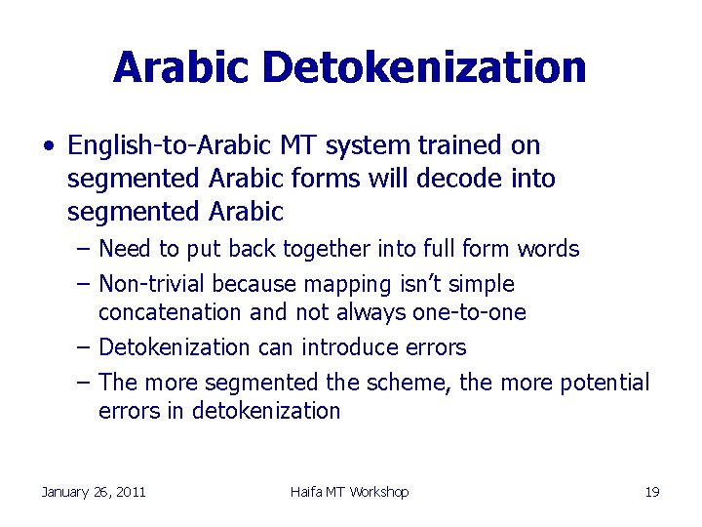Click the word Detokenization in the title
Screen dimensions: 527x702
tap(424, 67)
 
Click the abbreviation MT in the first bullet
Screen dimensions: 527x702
tap(290, 145)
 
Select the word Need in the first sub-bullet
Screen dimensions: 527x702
tap(124, 249)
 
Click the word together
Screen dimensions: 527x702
tap(326, 249)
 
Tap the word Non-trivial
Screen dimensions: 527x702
tap(153, 284)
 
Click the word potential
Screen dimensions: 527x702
tap(604, 383)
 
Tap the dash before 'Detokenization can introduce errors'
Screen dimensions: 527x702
tap(84, 347)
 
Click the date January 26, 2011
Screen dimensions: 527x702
tap(94, 492)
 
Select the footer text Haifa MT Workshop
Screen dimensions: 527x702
tap(349, 492)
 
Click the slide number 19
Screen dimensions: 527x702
tap(652, 492)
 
